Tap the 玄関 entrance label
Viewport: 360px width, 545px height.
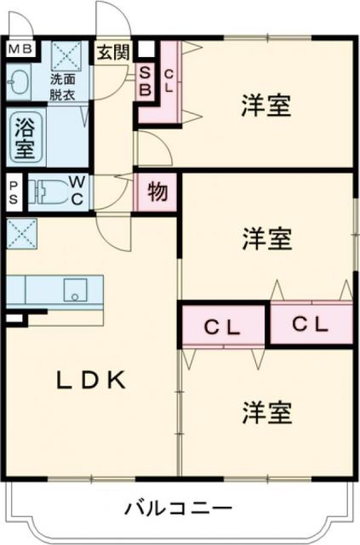pos(112,51)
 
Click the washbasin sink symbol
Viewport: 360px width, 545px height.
pos(19,83)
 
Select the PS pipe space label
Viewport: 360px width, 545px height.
pos(14,191)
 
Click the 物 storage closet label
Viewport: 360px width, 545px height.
pos(157,192)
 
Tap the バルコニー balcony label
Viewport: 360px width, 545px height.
pos(179,508)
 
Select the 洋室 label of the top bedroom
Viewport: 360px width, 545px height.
pos(266,106)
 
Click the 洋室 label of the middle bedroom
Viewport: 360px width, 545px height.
pos(266,238)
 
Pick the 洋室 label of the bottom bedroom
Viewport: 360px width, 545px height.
pos(266,413)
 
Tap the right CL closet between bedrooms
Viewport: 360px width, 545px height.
pos(311,323)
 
